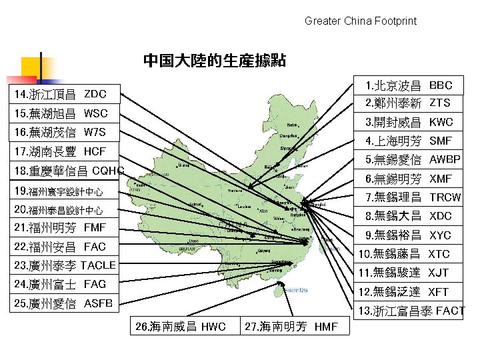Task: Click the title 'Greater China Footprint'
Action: click(360, 21)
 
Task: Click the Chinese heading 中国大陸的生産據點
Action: click(215, 61)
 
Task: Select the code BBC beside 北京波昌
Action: click(441, 85)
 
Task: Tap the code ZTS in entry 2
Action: click(439, 103)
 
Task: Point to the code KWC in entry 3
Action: click(441, 122)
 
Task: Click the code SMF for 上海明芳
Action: click(441, 141)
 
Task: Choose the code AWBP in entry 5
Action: click(445, 160)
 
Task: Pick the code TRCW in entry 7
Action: click(445, 197)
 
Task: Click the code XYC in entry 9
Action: click(440, 235)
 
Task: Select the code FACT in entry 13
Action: click(450, 311)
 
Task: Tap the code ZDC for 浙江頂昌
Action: click(95, 93)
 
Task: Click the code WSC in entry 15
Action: click(95, 113)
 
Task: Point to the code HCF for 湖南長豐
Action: click(95, 151)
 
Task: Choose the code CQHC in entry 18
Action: click(108, 171)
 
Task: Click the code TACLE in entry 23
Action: click(98, 265)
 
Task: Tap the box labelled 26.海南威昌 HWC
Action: click(180, 327)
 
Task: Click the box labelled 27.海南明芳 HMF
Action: click(291, 327)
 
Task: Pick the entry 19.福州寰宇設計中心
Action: click(65, 192)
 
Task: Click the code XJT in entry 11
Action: click(438, 273)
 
